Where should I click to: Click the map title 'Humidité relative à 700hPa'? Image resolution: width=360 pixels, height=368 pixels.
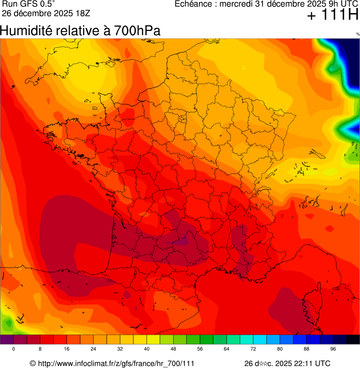81,31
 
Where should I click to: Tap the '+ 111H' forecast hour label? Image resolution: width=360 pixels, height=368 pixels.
332,16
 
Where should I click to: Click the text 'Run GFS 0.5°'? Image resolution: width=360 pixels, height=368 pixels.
29,4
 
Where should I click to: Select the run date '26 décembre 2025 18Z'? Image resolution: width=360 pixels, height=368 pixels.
45,13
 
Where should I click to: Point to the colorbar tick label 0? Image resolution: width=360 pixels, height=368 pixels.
14,349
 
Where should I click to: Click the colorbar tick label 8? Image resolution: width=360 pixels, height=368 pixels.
40,349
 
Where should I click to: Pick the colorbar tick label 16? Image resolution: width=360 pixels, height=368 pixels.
67,349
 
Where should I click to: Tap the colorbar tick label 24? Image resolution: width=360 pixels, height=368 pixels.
94,349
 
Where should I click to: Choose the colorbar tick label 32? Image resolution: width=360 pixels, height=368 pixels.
120,349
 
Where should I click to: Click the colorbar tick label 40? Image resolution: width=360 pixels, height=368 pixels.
147,349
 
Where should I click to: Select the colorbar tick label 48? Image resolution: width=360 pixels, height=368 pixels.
173,349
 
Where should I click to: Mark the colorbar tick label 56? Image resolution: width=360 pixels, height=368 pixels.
200,349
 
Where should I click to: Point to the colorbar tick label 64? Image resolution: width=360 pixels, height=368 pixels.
227,349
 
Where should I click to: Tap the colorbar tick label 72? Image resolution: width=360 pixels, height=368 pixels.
253,349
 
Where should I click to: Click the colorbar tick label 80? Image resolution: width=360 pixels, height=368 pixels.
280,349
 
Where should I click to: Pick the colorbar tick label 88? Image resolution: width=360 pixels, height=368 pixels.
307,349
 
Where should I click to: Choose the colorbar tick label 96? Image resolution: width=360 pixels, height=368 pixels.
333,349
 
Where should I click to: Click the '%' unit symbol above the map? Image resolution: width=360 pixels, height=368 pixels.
358,34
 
